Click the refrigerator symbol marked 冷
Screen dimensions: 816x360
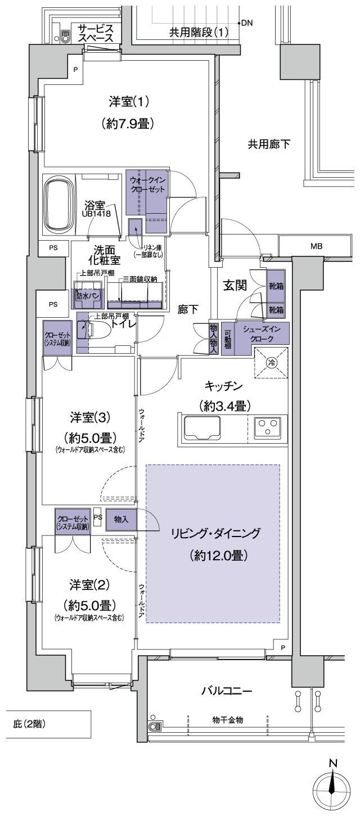point(271,363)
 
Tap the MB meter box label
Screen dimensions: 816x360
point(317,246)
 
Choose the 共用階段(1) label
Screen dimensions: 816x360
point(199,32)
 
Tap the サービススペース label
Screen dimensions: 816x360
point(96,33)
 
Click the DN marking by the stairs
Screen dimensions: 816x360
point(247,23)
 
